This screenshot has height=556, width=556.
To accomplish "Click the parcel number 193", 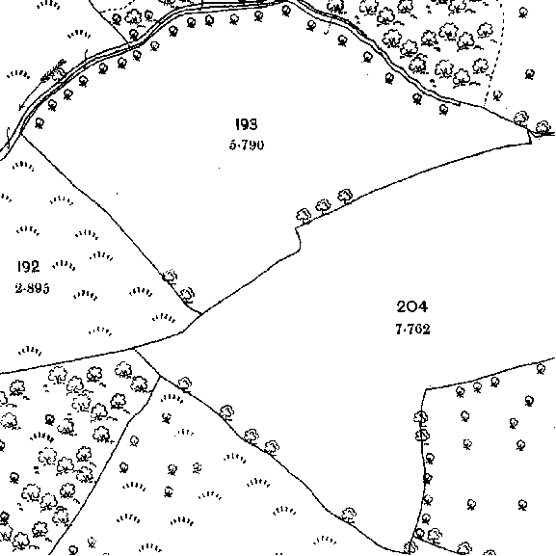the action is click(x=247, y=124).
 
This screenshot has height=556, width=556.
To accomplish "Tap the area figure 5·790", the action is click(x=247, y=146).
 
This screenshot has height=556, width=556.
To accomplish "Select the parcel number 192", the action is click(x=28, y=266).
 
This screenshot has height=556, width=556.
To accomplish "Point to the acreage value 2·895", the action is click(x=32, y=288).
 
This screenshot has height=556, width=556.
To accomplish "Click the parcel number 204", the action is click(x=412, y=306).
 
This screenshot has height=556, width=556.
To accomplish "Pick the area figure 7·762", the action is click(x=412, y=330).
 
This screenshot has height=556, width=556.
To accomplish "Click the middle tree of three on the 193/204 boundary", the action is click(x=323, y=206).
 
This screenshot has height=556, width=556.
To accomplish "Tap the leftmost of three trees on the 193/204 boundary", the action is click(x=304, y=216).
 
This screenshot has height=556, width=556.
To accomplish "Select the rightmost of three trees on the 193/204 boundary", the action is click(x=345, y=196).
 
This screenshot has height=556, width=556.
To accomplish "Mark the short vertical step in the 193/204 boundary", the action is click(x=298, y=240).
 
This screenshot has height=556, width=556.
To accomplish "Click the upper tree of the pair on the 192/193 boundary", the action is click(x=170, y=277).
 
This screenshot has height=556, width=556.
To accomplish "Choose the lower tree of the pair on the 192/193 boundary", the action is click(x=187, y=296).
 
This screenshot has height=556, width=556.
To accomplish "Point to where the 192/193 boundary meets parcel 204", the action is click(x=201, y=314).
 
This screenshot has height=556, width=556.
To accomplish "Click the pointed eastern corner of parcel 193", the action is click(x=531, y=143).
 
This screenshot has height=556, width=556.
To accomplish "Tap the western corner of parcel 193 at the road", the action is click(x=21, y=134).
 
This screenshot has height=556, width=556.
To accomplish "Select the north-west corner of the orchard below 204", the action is click(x=426, y=389).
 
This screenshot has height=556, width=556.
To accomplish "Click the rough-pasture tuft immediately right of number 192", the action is click(x=64, y=265).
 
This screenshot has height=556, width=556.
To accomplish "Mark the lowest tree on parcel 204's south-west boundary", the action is click(x=349, y=516).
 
